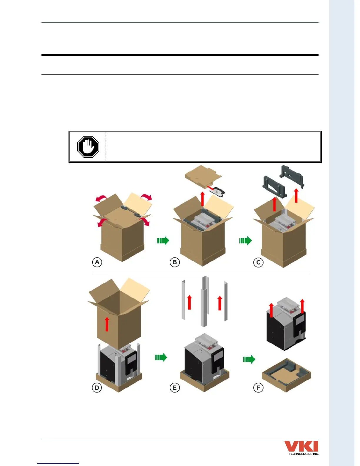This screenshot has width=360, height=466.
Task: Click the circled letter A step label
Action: (x=97, y=262)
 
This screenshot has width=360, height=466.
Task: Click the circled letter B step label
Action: (x=175, y=262)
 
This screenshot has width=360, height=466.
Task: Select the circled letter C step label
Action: (x=258, y=262)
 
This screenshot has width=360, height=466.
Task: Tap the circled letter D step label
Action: (x=97, y=387)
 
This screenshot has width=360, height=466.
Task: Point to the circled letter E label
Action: (x=175, y=387)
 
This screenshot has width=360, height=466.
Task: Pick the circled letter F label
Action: (x=258, y=388)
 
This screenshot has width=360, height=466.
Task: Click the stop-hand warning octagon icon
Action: (x=88, y=147)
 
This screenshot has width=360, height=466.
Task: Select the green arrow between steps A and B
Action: (x=163, y=240)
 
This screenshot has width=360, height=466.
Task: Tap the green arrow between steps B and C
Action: (x=245, y=241)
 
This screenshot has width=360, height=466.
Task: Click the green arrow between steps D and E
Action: (x=161, y=357)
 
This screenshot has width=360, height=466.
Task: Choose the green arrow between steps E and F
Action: (x=249, y=359)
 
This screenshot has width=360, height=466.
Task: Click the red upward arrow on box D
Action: (x=107, y=324)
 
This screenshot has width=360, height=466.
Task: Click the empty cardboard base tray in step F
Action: (x=286, y=375)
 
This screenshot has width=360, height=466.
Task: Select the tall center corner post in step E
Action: (x=204, y=302)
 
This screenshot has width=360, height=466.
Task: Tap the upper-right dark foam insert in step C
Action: (x=292, y=176)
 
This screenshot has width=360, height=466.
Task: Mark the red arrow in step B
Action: (x=202, y=199)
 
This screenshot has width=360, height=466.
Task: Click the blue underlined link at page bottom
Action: (x=58, y=463)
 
